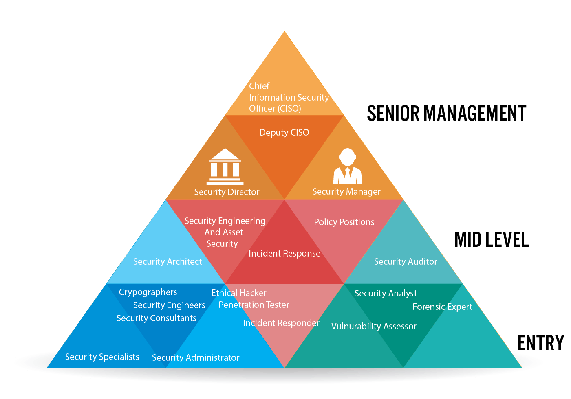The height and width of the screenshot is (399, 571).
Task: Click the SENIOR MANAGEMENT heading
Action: click(x=447, y=113)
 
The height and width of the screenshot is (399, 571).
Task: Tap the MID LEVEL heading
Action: click(x=492, y=240)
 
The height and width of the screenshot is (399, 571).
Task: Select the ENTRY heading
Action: click(x=541, y=343)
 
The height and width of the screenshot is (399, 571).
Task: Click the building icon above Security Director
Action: click(x=225, y=167)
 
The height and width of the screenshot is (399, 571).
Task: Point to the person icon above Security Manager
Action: click(x=347, y=166)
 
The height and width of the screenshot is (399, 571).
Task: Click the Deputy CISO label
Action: click(x=284, y=133)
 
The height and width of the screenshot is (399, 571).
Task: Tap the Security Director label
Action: click(x=227, y=192)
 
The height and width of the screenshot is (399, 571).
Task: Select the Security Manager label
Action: click(x=346, y=191)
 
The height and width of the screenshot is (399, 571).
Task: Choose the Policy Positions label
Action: click(x=344, y=222)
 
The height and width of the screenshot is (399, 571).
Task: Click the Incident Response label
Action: click(x=284, y=254)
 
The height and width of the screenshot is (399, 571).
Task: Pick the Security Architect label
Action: click(x=168, y=261)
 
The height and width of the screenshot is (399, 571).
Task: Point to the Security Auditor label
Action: click(x=406, y=261)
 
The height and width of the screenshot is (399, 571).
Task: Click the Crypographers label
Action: click(x=148, y=292)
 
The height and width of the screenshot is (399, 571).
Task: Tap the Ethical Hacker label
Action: click(x=238, y=293)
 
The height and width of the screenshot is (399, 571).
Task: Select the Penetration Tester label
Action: click(x=254, y=305)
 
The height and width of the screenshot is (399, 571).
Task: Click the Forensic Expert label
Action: click(x=443, y=307)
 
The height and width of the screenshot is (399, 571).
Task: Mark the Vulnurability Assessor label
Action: click(x=374, y=326)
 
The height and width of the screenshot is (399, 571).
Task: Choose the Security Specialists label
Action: click(x=102, y=357)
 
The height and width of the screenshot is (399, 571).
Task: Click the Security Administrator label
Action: click(x=196, y=358)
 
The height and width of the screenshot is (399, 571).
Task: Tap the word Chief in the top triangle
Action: click(x=259, y=86)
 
